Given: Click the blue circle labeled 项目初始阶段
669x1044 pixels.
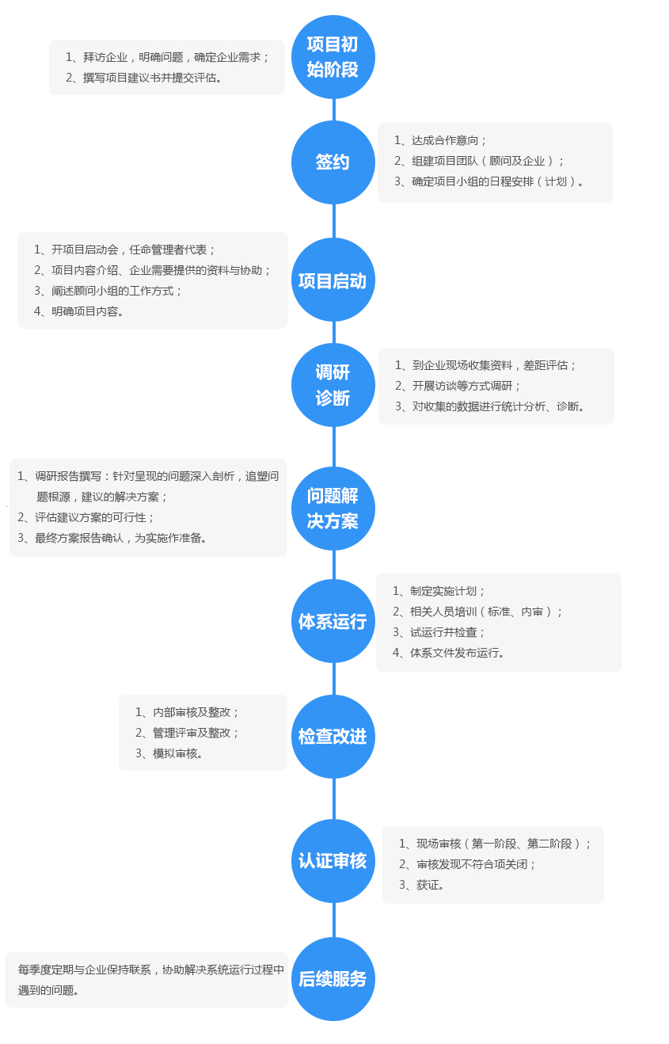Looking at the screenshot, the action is point(333,57).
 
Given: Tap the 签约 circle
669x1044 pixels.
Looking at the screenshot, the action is point(333,162).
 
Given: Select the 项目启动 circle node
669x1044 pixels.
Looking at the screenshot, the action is point(333,280).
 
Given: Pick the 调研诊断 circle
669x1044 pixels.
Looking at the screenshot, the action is point(333,385).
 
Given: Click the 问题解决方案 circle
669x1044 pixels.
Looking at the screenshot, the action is point(333,508).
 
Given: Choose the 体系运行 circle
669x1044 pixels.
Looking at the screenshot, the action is point(333,621).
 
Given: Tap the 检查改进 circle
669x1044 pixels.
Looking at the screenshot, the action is point(333,737).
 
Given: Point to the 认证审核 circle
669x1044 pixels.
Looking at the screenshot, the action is point(333,861).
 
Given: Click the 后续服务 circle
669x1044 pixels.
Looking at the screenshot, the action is point(333,979).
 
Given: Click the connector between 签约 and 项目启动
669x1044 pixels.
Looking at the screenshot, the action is point(333,221).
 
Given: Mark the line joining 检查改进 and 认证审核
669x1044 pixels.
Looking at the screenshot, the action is point(333,799).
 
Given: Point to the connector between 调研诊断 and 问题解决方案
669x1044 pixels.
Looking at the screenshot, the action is point(333,447).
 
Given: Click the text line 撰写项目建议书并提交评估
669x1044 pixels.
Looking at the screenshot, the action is point(143,78).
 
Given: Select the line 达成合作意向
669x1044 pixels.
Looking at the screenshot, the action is point(440,140).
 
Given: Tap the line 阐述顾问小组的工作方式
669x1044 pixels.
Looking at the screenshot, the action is point(108,291).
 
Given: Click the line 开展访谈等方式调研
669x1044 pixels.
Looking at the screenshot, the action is point(458,386).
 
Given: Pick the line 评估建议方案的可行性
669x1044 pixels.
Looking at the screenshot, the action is point(86,517).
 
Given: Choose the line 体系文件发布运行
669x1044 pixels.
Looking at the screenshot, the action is point(448,653).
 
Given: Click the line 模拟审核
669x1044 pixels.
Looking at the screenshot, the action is point(169,753).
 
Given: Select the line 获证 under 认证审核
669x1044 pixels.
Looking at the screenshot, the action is point(421,885).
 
